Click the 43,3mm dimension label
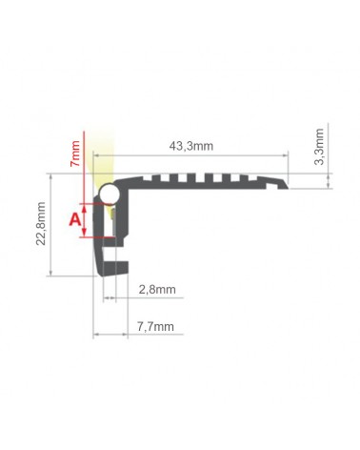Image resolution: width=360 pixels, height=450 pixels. click(x=191, y=146)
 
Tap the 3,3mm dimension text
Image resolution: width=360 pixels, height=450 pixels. click(x=319, y=147)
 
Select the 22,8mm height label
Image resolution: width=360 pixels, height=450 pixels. click(x=41, y=223)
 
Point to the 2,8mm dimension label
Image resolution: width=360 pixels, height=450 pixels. click(x=157, y=290)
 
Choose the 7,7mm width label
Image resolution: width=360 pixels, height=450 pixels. click(x=155, y=326)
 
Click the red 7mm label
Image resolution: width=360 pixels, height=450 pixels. click(x=75, y=153)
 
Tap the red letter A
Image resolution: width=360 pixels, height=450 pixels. click(x=75, y=219)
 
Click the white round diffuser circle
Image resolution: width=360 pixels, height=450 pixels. click(x=109, y=194)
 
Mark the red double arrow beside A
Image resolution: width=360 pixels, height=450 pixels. click(x=84, y=220)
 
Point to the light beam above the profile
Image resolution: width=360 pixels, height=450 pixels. click(x=102, y=159)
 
